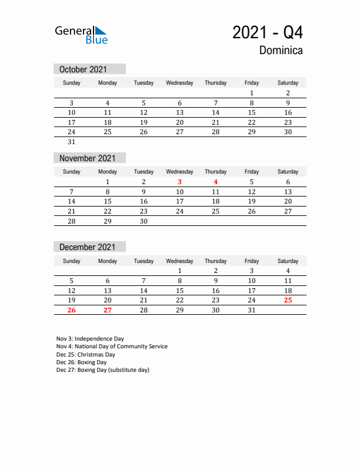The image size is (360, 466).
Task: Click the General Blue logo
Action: [81, 35]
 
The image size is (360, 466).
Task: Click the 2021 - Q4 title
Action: [268, 32]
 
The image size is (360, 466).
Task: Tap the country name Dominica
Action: [281, 51]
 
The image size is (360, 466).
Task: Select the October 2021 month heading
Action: [83, 69]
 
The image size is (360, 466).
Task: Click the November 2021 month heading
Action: [87, 158]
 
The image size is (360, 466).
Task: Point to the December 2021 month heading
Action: [87, 247]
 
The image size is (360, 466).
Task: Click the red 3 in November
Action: [179, 182]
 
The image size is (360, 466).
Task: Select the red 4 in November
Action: [216, 182]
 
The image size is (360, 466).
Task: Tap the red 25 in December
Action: [288, 300]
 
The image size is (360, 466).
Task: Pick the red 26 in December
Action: [71, 310]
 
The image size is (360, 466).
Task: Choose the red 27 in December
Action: [108, 310]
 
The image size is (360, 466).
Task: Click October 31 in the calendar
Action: [71, 142]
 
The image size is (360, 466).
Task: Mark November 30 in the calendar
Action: [144, 221]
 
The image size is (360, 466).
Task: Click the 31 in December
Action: [251, 310]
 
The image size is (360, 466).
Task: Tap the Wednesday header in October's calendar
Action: [179, 83]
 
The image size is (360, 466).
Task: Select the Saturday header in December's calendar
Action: [288, 261]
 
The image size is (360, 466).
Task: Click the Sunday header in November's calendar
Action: [71, 172]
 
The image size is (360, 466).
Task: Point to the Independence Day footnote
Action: [90, 339]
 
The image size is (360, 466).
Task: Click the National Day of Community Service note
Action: [112, 347]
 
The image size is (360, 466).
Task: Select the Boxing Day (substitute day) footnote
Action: [103, 370]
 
